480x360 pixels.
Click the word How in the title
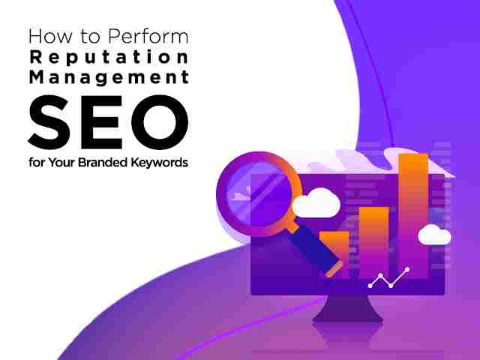(x=50, y=36)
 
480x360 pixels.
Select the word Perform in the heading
(x=148, y=36)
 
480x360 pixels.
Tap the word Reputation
(x=109, y=57)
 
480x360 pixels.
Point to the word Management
(x=109, y=77)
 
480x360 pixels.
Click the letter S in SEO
(x=49, y=121)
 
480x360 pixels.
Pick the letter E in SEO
(x=102, y=122)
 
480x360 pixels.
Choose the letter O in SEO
(x=160, y=121)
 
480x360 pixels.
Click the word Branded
(x=103, y=162)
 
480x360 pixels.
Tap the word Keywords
(x=159, y=163)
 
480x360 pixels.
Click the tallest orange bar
(x=413, y=215)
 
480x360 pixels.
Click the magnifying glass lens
(x=259, y=193)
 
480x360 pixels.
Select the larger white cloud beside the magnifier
(x=316, y=203)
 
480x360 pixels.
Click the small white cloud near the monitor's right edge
(x=434, y=235)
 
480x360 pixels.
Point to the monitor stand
(x=348, y=308)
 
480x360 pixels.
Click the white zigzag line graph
(x=389, y=278)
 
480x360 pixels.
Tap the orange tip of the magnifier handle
(x=334, y=269)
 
